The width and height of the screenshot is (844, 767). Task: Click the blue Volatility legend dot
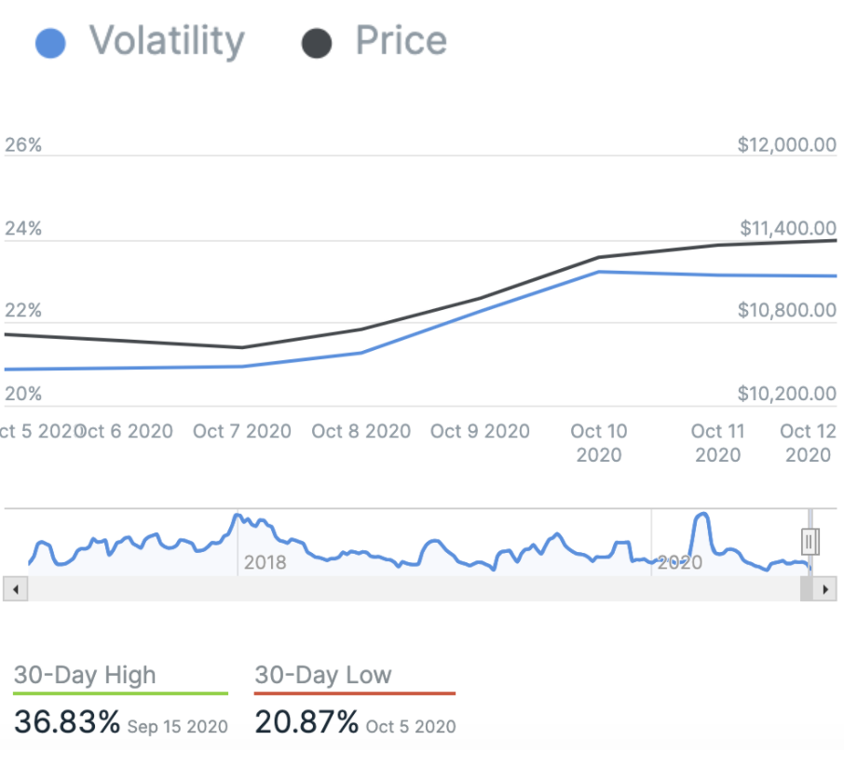point(49,44)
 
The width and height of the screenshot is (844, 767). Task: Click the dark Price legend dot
point(318,44)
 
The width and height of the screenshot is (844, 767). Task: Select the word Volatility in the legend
point(167,42)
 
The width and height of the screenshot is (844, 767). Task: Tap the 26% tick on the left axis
point(23,145)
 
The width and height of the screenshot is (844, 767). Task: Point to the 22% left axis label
point(23,310)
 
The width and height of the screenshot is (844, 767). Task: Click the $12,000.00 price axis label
point(786,145)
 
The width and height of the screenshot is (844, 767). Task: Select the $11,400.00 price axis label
point(788,228)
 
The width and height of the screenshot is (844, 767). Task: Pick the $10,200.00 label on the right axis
point(786,394)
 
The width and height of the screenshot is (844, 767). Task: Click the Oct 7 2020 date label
point(242,431)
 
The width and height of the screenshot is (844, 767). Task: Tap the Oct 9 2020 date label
point(480,431)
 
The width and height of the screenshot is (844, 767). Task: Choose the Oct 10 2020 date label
point(599,443)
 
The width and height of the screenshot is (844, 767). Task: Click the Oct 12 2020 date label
point(808,443)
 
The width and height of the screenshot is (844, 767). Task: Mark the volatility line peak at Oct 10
point(599,272)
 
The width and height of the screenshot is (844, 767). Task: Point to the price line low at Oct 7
point(242,348)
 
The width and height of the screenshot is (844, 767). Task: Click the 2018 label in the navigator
point(265,563)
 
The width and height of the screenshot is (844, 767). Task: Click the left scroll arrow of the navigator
point(16,589)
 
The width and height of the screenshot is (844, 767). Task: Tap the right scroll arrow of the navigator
point(824,589)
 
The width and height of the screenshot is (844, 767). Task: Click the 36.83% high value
point(67,721)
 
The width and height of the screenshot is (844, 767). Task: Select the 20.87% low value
point(306,721)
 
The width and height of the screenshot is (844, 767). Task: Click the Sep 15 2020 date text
point(177,726)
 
